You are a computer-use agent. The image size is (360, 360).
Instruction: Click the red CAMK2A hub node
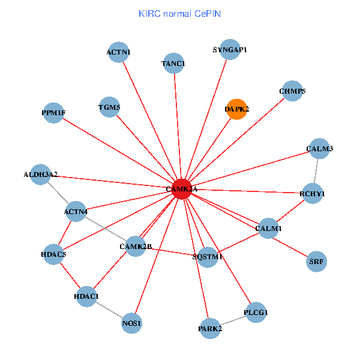tap(182, 189)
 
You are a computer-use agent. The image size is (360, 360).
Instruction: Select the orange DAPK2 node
tap(237, 109)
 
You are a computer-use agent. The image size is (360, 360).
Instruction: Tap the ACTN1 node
tap(119, 52)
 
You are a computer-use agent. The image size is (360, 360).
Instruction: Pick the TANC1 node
tap(174, 63)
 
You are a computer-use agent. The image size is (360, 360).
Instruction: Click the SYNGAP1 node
tap(230, 49)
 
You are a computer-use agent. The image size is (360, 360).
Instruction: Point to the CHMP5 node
tap(292, 91)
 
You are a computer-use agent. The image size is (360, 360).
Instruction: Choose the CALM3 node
tap(319, 148)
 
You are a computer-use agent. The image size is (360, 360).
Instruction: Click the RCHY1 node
tap(312, 194)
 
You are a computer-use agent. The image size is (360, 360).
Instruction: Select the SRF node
tap(316, 261)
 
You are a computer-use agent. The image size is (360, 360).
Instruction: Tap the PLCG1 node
tap(256, 313)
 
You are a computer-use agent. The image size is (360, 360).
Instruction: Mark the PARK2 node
tap(210, 328)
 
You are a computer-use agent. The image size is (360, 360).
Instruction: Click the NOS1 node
tap(131, 323)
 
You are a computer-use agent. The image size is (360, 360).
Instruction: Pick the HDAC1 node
tap(86, 296)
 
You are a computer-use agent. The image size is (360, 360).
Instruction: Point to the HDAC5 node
tap(53, 254)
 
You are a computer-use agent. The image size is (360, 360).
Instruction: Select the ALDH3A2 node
tap(40, 175)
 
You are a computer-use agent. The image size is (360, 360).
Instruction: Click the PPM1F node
tap(53, 113)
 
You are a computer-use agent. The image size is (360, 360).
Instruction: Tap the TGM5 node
tap(109, 108)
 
